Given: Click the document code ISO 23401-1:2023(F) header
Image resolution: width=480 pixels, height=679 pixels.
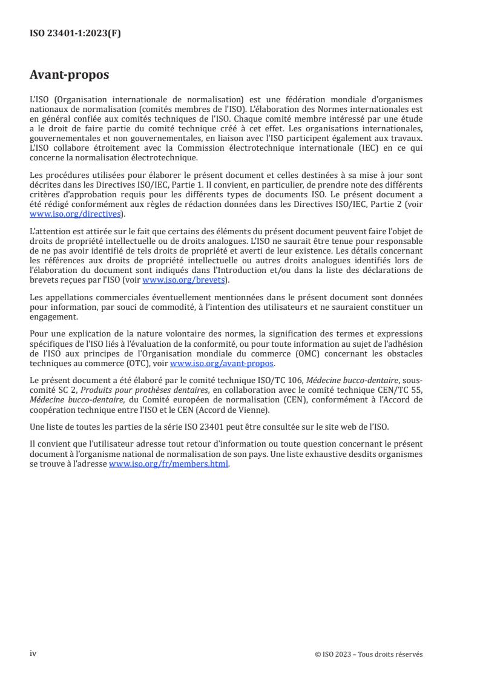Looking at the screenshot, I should tap(76, 34).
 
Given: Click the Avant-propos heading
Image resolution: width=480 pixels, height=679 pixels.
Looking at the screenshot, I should tap(70, 76).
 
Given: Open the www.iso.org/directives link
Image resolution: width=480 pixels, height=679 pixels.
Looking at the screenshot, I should tap(76, 214).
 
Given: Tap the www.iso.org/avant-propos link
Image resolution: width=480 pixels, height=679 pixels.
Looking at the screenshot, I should tap(222, 363).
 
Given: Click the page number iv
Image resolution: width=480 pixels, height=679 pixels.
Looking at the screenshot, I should tap(33, 654).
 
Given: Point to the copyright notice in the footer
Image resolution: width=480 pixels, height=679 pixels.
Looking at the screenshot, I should tap(369, 654).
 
